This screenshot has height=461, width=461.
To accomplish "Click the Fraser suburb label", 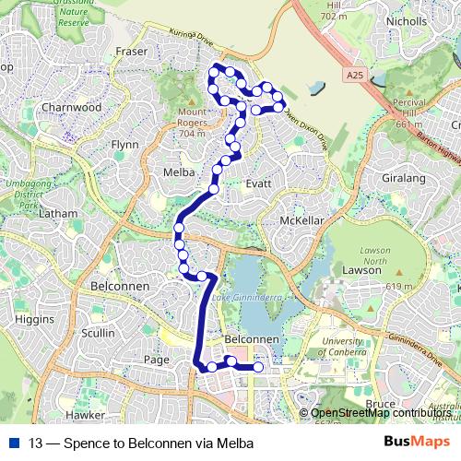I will coord(132,52).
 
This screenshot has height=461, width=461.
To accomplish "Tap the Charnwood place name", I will coord(71,107).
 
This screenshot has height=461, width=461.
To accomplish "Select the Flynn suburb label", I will coord(124,145).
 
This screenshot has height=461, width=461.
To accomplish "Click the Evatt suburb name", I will coord(257,183).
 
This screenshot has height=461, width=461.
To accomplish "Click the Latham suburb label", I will coord(59,213).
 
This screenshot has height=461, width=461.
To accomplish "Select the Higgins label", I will coord(35,318).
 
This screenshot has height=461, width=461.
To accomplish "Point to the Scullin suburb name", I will coord(99,333).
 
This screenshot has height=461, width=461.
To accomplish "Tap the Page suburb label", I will coord(157,360).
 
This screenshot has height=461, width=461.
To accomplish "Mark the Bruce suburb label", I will coord(380,404).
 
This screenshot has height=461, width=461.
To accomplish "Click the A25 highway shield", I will coord(356,74).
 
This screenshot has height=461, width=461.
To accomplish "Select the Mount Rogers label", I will coord(192,122).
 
